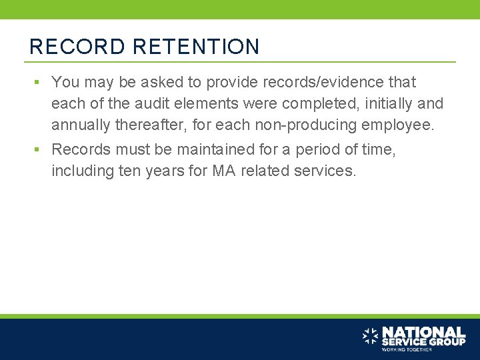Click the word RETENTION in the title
tap(196, 47)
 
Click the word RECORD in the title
tap(77, 47)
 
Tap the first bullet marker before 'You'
tap(39, 83)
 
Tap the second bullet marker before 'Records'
tap(39, 150)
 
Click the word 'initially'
tap(381, 104)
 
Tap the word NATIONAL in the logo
tap(423, 331)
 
